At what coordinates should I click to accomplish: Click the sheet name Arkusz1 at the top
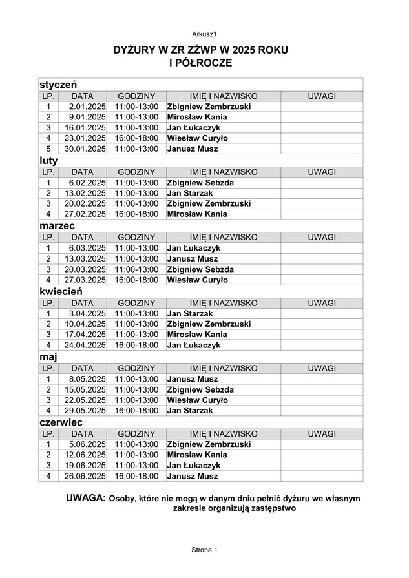(x=204, y=34)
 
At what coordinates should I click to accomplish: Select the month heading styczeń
(x=58, y=85)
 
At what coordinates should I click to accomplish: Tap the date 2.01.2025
(x=87, y=107)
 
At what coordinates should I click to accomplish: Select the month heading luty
(x=49, y=160)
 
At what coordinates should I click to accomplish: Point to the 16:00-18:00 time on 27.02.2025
(x=136, y=214)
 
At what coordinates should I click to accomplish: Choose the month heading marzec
(x=57, y=225)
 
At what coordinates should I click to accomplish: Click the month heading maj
(x=48, y=356)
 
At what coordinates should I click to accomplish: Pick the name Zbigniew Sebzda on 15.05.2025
(x=200, y=390)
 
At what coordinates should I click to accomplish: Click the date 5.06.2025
(x=87, y=444)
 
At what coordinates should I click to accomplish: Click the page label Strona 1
(x=205, y=549)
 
